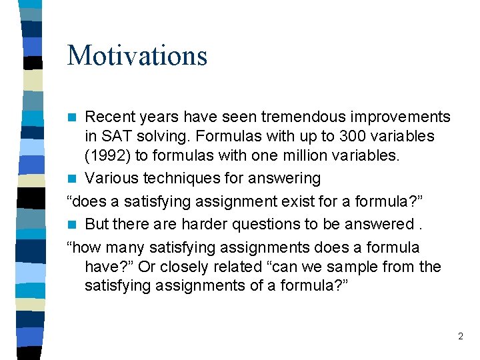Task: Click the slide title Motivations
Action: click(x=137, y=55)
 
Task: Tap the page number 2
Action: click(x=460, y=337)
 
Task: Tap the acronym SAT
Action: click(x=116, y=137)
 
